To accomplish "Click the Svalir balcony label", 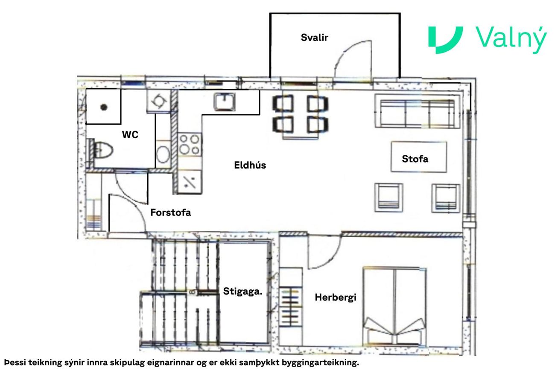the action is click(x=314, y=38).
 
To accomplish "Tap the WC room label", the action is click(x=130, y=134).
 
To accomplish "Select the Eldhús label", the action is click(x=250, y=165).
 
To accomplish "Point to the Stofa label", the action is click(x=415, y=159).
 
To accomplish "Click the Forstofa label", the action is click(x=171, y=212).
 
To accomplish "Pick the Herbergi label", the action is click(x=336, y=297).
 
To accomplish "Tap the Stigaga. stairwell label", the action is click(x=242, y=291).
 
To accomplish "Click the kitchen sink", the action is click(x=225, y=102).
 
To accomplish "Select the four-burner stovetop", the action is click(x=189, y=145).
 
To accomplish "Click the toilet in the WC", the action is click(x=102, y=150).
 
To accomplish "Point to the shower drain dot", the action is click(x=104, y=107).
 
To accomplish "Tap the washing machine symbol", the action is click(x=159, y=102).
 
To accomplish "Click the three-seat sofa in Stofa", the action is click(x=417, y=111).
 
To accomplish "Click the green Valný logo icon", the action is click(x=445, y=40).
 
